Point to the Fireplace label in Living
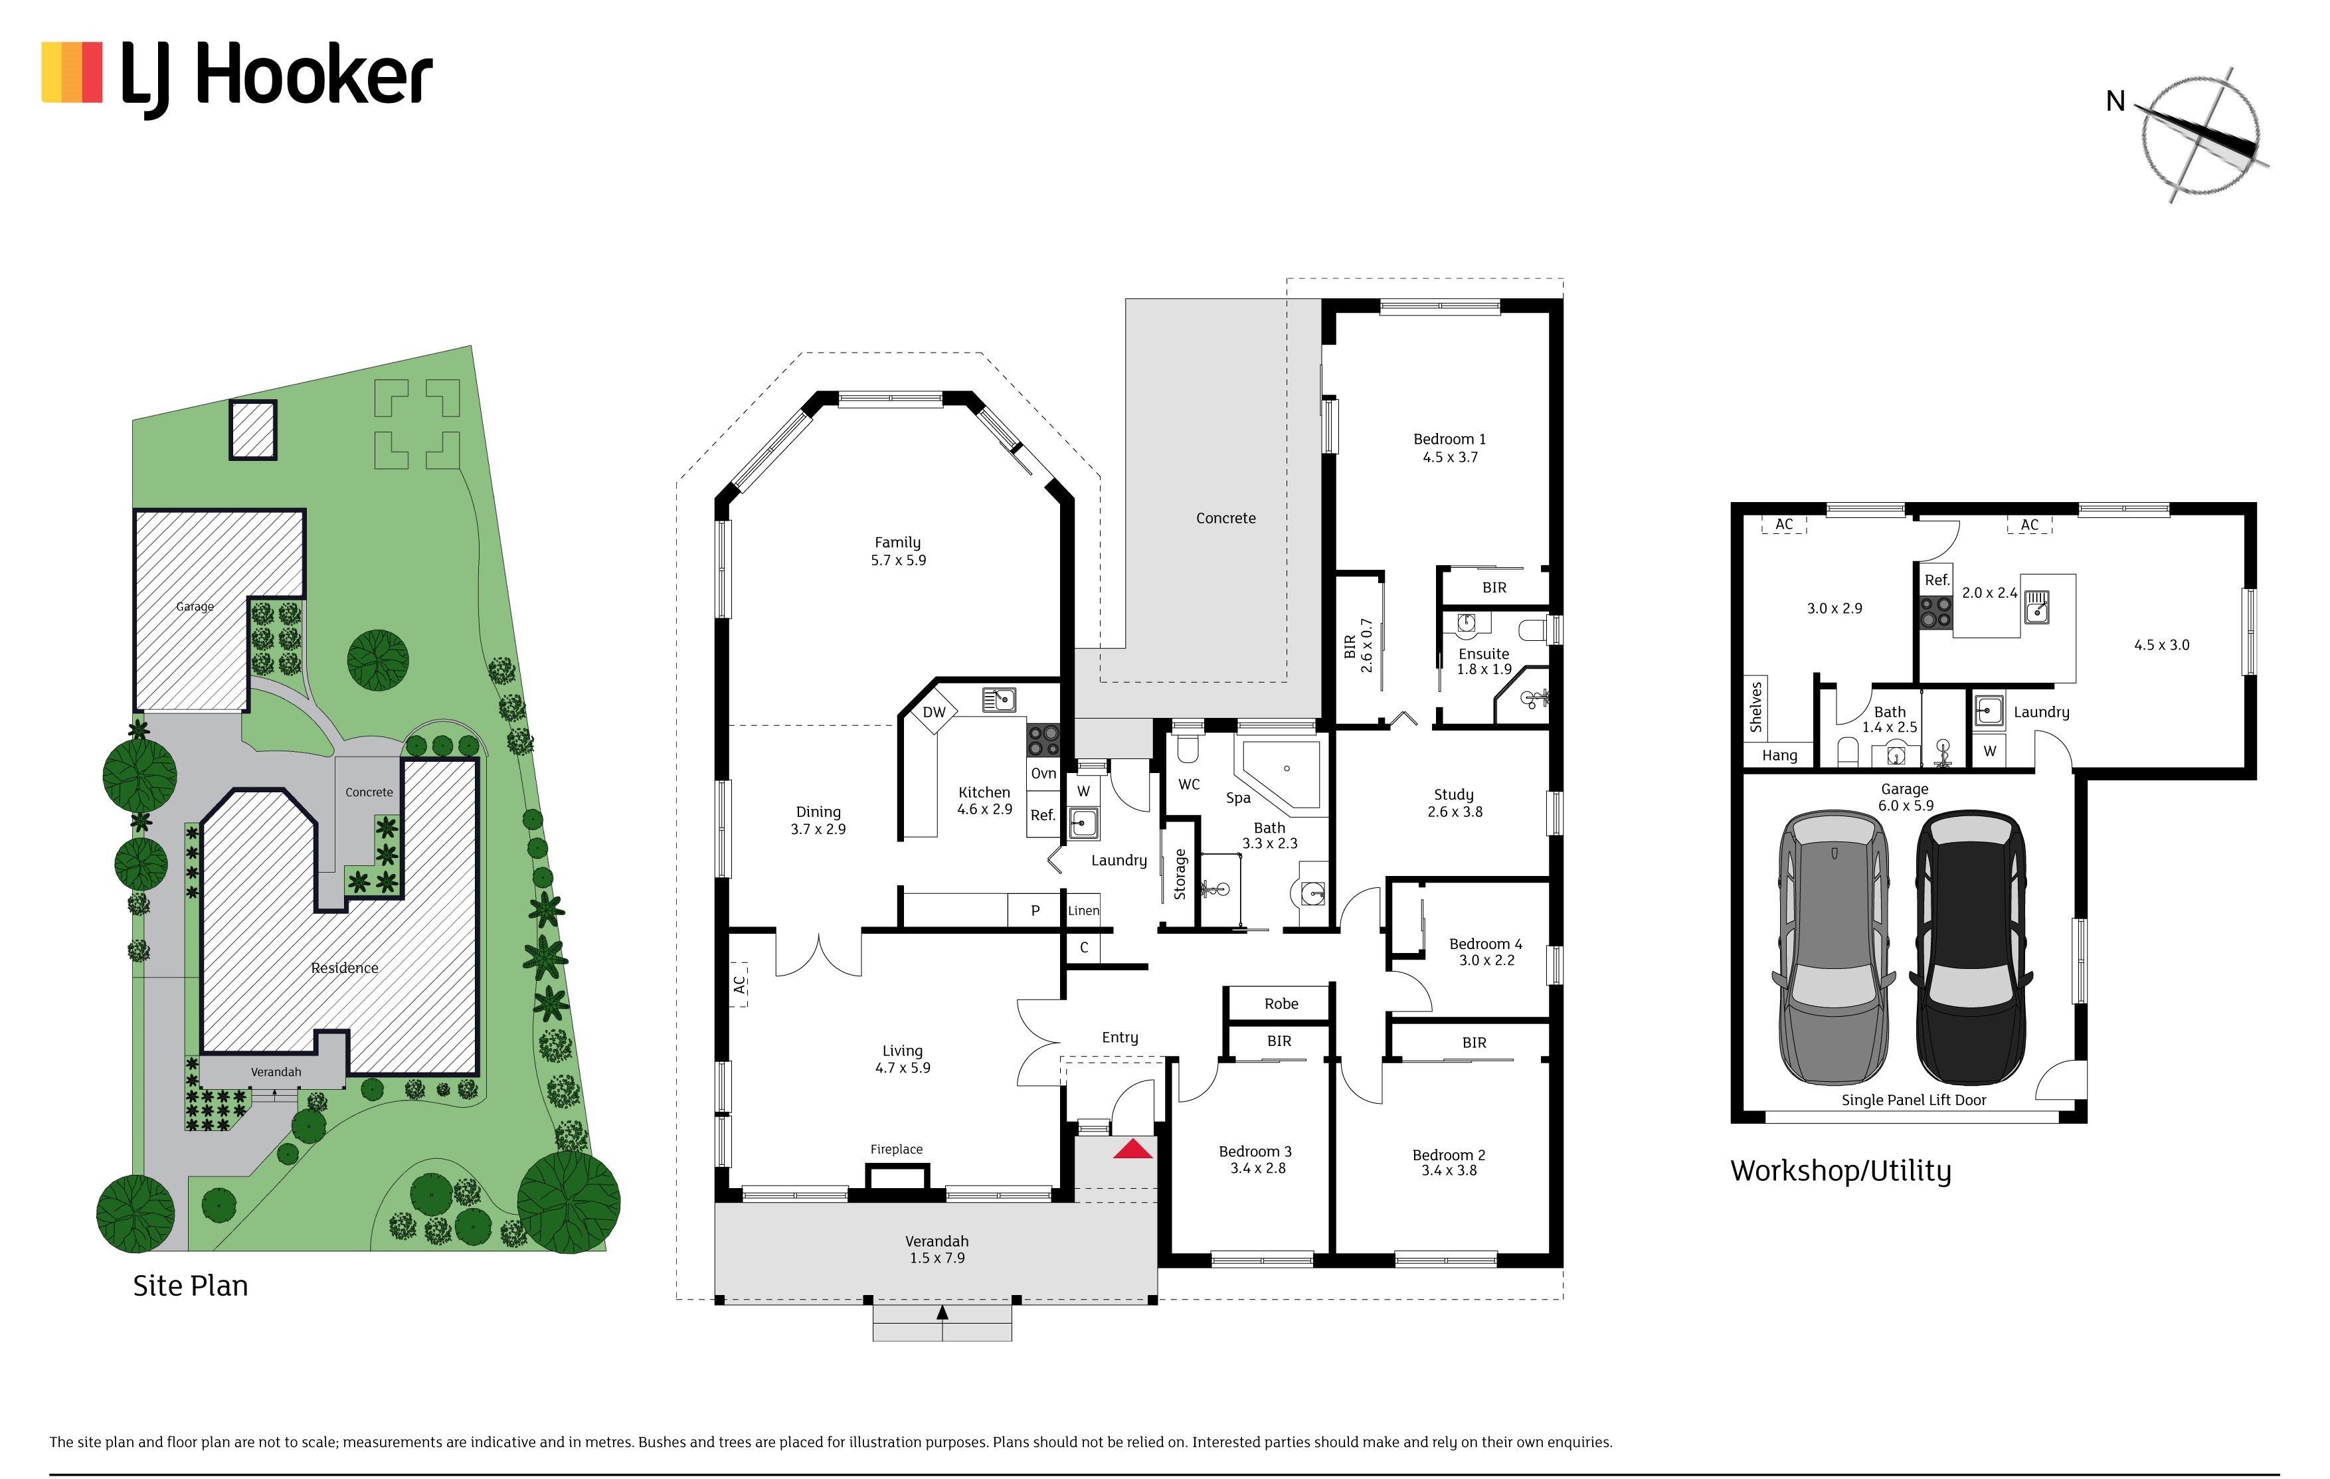click(x=896, y=1149)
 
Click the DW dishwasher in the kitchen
click(x=934, y=713)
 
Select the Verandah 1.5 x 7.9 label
click(x=937, y=1250)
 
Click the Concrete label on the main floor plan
click(x=1226, y=519)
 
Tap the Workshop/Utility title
click(x=1840, y=1172)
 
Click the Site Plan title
click(x=191, y=1286)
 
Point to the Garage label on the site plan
click(x=195, y=606)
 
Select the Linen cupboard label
click(x=1084, y=911)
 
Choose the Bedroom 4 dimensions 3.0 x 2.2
click(x=1486, y=960)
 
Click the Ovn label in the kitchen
click(x=1043, y=774)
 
